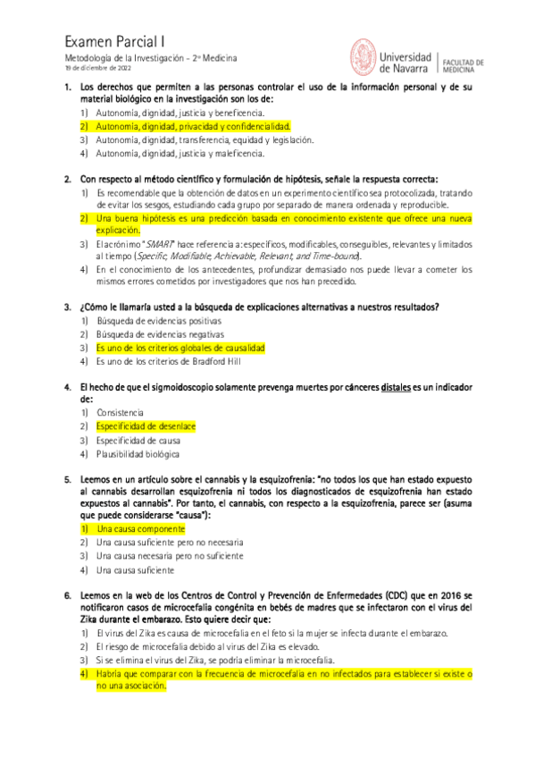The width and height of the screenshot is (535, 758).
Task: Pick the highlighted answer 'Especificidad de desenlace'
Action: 146,426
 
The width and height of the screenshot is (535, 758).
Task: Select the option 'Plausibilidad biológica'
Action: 139,453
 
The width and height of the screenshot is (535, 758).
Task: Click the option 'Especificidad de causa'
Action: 139,440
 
